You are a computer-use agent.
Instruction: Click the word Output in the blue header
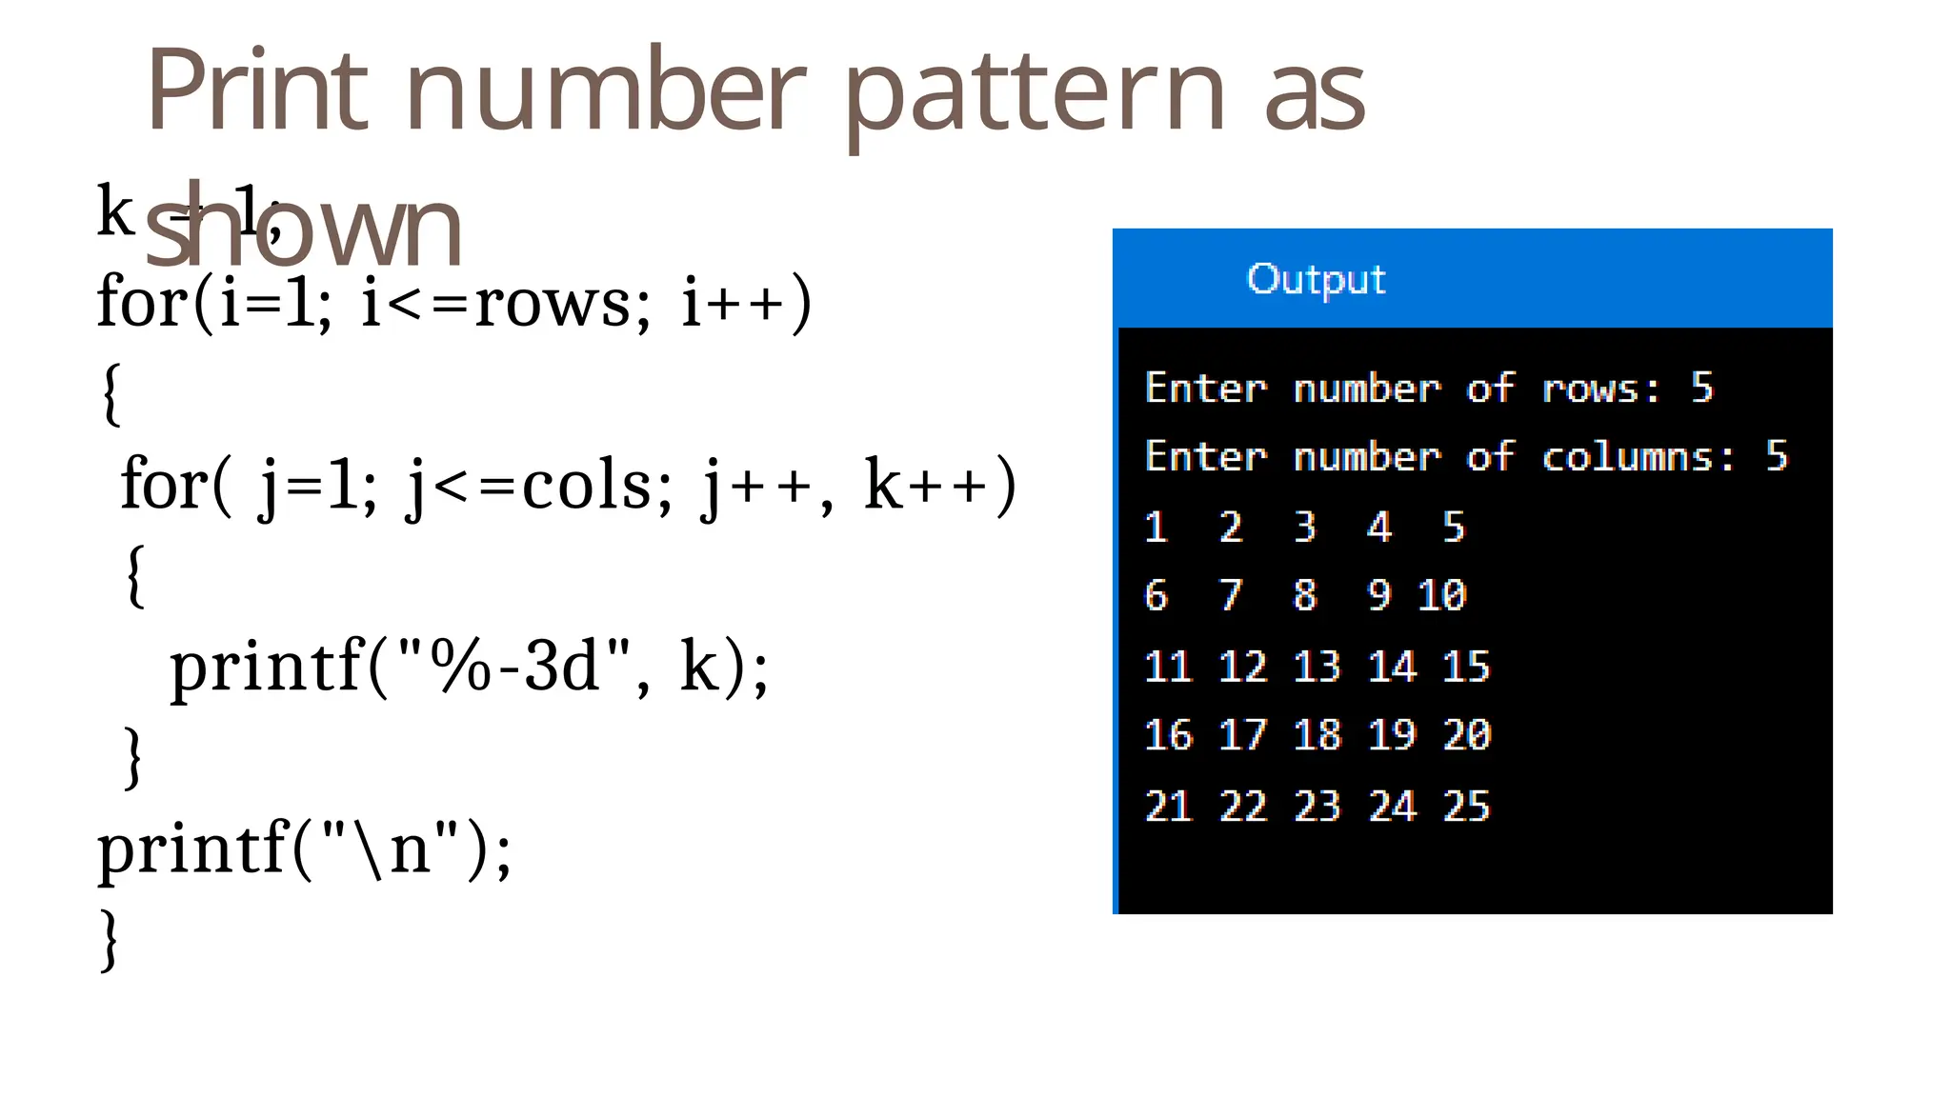coord(1316,279)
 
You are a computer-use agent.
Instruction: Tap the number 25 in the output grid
coord(1466,807)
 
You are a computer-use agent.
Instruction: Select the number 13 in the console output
coord(1317,667)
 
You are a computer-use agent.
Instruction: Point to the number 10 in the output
coord(1441,596)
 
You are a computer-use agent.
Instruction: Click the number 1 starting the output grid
coord(1156,527)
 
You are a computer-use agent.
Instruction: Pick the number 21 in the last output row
coord(1168,807)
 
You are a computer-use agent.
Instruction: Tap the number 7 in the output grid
coord(1231,596)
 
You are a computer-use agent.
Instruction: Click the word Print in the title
coord(257,91)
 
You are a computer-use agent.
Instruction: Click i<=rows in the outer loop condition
coord(495,303)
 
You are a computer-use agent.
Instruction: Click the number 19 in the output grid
coord(1392,735)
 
